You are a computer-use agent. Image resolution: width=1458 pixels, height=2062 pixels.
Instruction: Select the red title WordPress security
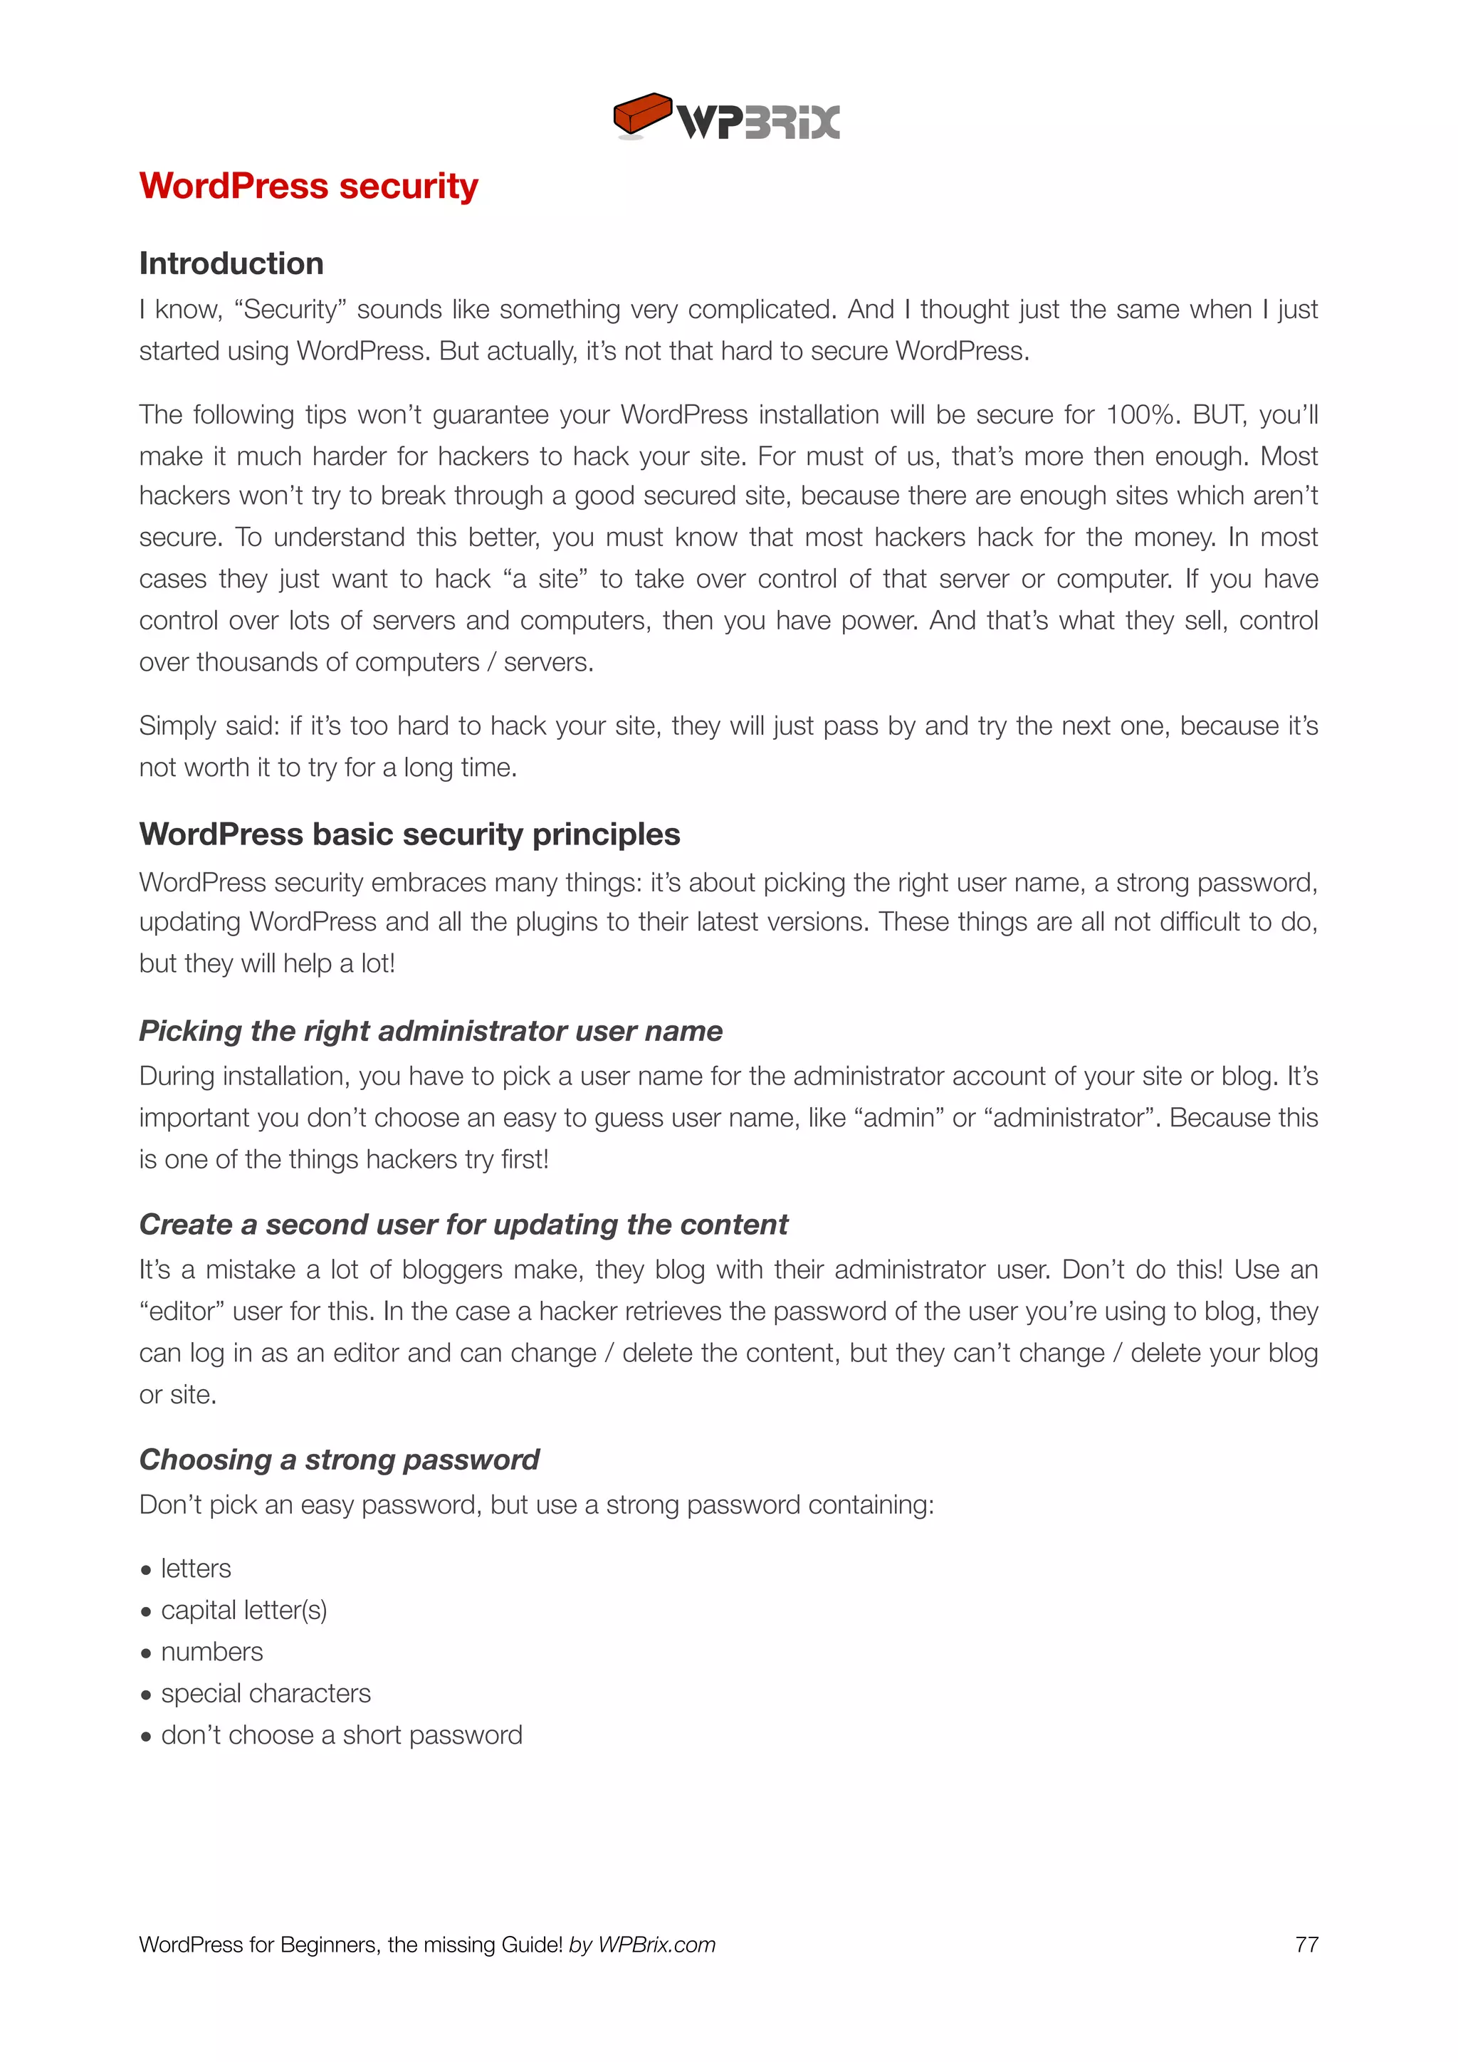click(309, 186)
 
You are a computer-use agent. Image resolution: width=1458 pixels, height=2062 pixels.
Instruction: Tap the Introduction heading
click(231, 263)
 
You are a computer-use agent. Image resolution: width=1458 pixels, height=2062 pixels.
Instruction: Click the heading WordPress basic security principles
click(409, 834)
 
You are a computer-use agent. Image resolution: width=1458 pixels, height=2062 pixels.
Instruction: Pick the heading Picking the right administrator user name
click(431, 1031)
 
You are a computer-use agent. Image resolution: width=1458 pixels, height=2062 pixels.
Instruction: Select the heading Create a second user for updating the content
click(463, 1225)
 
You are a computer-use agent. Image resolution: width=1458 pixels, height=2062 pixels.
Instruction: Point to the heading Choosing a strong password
click(340, 1460)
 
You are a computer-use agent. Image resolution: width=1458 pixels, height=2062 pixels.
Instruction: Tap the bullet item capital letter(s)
click(243, 1611)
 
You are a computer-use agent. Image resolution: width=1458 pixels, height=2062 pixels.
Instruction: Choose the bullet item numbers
click(212, 1653)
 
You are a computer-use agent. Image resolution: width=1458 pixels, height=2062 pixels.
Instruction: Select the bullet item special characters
click(266, 1694)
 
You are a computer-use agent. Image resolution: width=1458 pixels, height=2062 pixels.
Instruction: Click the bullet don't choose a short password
click(341, 1735)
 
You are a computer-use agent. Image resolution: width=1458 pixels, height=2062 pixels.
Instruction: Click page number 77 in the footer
click(1306, 1945)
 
